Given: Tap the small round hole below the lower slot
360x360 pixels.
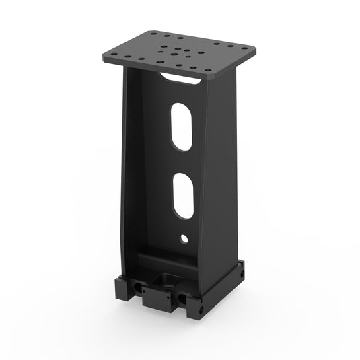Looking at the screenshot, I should pyautogui.click(x=184, y=238).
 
